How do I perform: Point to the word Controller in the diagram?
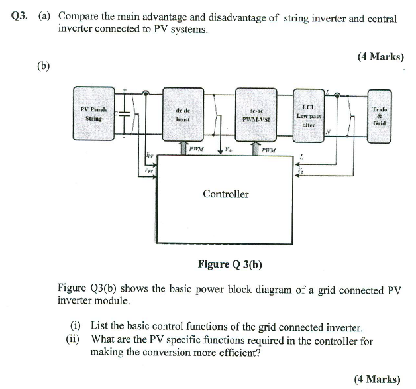[225, 194]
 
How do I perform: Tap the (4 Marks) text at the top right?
[380, 57]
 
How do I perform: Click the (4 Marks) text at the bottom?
[377, 379]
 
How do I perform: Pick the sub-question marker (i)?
[76, 327]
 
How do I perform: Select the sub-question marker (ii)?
[74, 340]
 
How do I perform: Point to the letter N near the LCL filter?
[327, 131]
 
